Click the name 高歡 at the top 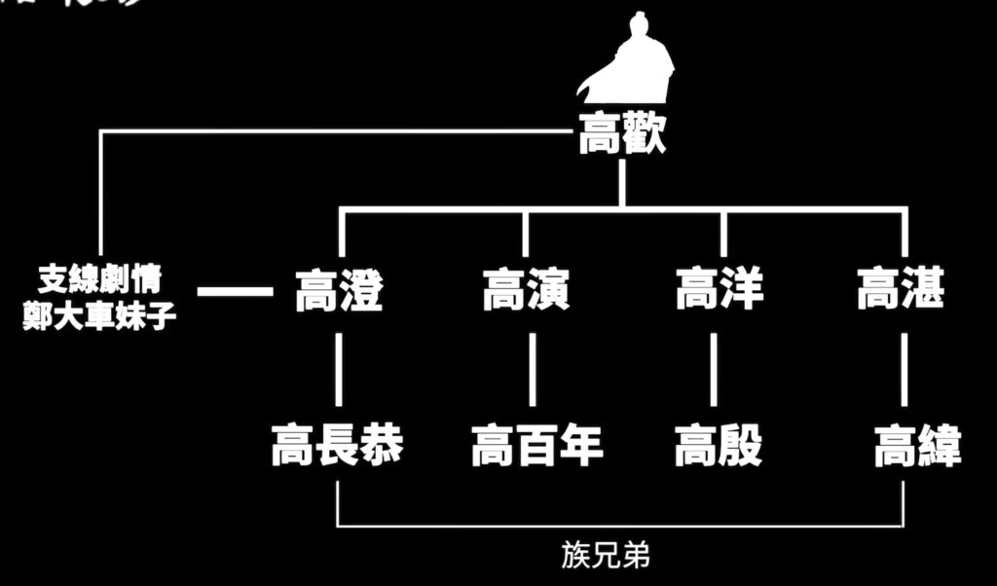[x=622, y=136]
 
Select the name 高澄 [x=339, y=290]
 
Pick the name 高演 [x=527, y=290]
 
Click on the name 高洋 [x=720, y=290]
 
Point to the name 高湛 [x=901, y=290]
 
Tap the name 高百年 [x=537, y=447]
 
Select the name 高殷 [x=719, y=447]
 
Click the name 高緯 [x=916, y=447]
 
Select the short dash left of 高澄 [x=235, y=290]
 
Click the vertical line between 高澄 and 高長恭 [x=338, y=369]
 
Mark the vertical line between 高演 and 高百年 [x=532, y=369]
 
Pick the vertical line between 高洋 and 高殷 [x=714, y=369]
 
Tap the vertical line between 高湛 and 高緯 [x=905, y=369]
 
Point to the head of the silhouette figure [x=639, y=22]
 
